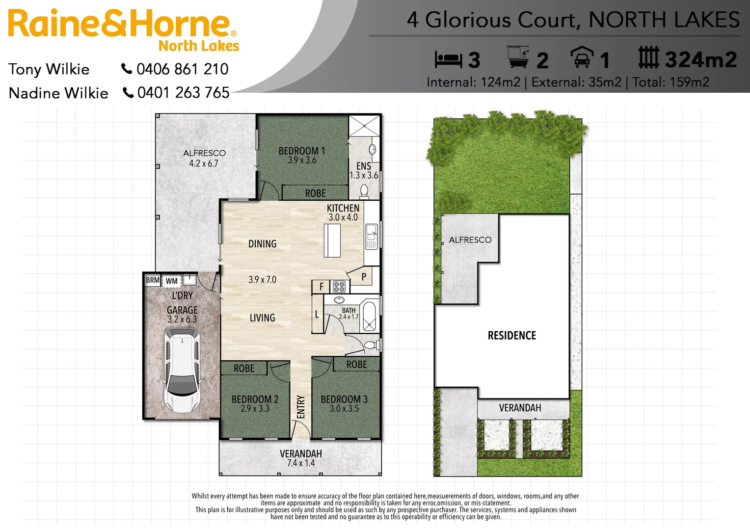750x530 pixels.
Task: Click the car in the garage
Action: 182,370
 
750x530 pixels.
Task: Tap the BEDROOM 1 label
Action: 302,151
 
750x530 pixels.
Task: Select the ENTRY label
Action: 301,407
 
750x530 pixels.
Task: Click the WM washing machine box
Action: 171,281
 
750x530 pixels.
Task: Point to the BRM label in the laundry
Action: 153,280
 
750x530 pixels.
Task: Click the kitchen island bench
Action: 332,240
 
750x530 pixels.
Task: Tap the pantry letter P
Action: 364,277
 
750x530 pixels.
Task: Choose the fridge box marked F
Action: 321,287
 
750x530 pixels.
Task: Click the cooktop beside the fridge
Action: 339,287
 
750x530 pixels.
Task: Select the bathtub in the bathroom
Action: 370,316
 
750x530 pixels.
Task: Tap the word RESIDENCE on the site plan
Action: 512,336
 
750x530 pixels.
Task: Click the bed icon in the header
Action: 448,60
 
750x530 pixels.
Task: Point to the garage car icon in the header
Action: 582,57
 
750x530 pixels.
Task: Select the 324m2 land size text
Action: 700,60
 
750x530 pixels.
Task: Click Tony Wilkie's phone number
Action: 182,69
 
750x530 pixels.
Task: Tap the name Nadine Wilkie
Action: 58,93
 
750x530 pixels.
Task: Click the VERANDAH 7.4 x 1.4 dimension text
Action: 301,463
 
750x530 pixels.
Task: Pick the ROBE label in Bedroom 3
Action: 356,365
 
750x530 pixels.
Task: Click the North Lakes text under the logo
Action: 199,46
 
